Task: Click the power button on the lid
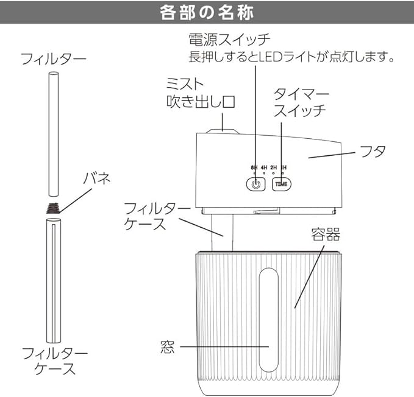(x=255, y=183)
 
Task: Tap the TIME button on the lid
(x=281, y=183)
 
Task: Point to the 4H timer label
(x=264, y=167)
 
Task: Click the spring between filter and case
(x=53, y=208)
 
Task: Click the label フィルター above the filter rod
(x=53, y=59)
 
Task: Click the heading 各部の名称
(x=206, y=13)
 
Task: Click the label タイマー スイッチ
(x=301, y=102)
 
